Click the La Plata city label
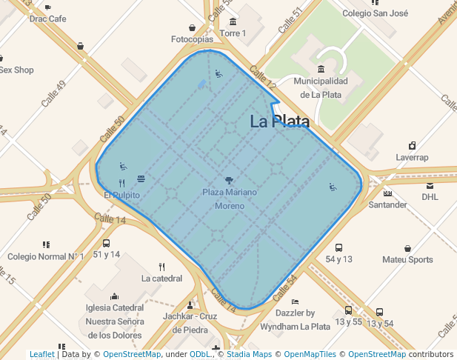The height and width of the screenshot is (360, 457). point(279,121)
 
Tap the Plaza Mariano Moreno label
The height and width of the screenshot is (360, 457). point(230,199)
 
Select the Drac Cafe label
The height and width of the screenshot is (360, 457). point(48,19)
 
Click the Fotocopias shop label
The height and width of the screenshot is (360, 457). point(192,39)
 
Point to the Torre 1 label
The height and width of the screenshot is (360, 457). point(233,33)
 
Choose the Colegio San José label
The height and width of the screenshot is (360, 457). point(376,13)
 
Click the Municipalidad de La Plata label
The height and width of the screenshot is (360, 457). point(321,87)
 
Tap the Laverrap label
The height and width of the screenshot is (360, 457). point(412,157)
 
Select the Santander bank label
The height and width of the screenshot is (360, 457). point(387,204)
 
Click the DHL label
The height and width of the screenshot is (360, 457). point(430,197)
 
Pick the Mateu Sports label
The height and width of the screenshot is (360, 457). point(407,259)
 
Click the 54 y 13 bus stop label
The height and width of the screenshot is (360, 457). point(339,259)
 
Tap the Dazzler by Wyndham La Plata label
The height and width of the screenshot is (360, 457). point(296,319)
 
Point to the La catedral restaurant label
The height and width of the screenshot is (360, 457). point(161,279)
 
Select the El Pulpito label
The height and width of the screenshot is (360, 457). point(121,195)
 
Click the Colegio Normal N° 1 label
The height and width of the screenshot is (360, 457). point(46,256)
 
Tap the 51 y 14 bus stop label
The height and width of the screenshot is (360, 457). point(107,254)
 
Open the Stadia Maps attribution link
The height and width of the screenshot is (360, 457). point(249,354)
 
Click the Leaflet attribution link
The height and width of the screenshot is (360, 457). point(42,354)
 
